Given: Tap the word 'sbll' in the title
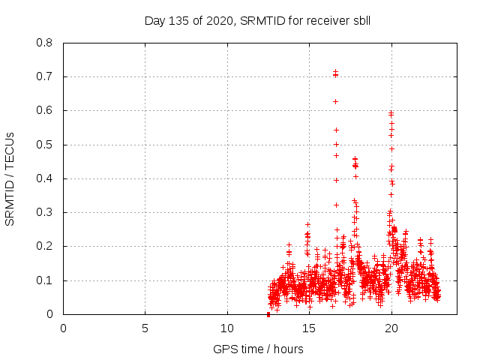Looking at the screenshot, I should click(360, 20).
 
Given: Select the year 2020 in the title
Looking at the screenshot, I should click(217, 20).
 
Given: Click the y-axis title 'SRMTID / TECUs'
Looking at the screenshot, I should click(10, 178).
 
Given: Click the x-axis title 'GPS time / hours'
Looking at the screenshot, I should click(258, 349).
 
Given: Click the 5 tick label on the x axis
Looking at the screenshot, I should click(145, 328).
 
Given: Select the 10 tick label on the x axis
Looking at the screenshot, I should click(227, 328).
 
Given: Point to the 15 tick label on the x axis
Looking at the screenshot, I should click(309, 328).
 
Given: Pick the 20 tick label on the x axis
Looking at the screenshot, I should click(391, 328).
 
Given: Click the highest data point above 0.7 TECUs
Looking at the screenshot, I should click(335, 72).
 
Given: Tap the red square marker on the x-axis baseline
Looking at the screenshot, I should click(268, 314).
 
